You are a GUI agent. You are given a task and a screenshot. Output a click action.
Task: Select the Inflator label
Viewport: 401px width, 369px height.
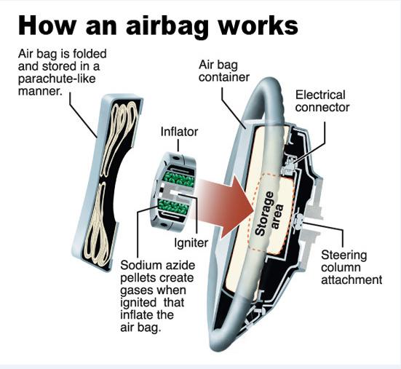(179, 132)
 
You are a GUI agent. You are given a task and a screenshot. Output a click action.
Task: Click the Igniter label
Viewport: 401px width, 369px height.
(191, 242)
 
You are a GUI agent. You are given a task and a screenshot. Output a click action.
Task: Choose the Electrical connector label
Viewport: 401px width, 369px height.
(322, 101)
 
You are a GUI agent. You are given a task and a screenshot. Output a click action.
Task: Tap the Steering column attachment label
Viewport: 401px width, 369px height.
(352, 267)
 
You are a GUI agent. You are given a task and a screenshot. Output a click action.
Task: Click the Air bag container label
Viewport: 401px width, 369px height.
(224, 71)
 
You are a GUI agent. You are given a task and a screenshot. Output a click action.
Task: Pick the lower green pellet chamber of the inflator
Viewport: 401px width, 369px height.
(173, 207)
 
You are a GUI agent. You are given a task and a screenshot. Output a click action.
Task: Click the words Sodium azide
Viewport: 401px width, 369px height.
(157, 265)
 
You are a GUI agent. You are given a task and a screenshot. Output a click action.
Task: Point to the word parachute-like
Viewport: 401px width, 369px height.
(57, 79)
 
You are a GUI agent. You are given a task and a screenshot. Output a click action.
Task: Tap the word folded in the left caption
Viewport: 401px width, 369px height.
(90, 54)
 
